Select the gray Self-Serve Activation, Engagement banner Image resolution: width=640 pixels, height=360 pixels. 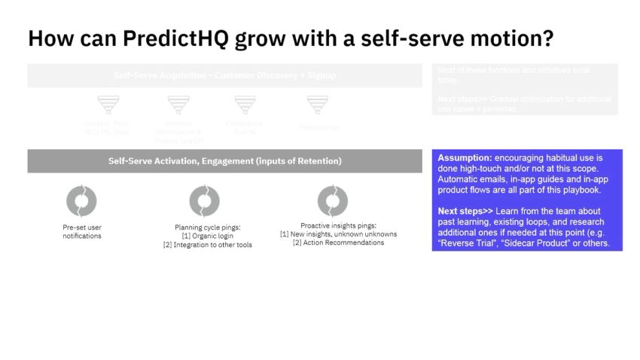[224, 161]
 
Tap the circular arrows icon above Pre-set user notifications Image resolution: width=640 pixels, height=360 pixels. [81, 201]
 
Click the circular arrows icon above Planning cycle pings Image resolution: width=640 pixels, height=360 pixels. [204, 201]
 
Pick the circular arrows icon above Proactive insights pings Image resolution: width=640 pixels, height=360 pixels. [333, 201]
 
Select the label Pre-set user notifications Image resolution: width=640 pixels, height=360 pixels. [81, 231]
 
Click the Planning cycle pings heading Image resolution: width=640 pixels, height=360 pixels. [207, 227]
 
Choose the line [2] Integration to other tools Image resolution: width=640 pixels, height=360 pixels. [207, 245]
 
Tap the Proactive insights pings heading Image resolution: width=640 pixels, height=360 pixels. [338, 225]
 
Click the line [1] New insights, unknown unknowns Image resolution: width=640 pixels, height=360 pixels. [338, 234]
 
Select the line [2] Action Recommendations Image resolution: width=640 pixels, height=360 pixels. [338, 243]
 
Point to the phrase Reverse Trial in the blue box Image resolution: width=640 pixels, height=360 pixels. [468, 243]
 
